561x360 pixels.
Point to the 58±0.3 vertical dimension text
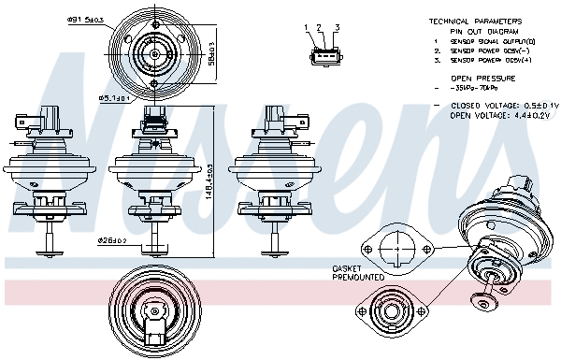(210, 53)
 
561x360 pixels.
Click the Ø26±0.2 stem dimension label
(111, 241)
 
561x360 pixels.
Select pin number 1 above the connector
(306, 27)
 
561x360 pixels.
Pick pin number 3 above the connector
(337, 27)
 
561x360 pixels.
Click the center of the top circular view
(154, 53)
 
